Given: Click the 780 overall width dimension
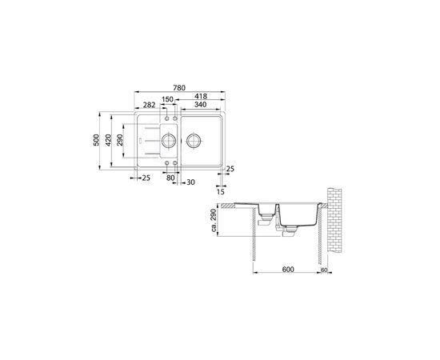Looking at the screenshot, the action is click(x=179, y=88).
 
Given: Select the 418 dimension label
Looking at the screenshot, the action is click(x=201, y=96).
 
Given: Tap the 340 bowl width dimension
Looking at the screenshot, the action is click(x=200, y=105).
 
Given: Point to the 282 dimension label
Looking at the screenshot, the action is click(x=149, y=105).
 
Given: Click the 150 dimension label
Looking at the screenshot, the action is click(x=167, y=99).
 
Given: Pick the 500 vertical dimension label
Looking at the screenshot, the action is click(x=96, y=140).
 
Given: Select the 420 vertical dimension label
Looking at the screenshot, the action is click(x=109, y=140).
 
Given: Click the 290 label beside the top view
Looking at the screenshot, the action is click(x=120, y=140).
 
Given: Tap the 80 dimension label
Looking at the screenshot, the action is click(x=170, y=178).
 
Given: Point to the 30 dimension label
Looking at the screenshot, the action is click(x=190, y=182).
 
